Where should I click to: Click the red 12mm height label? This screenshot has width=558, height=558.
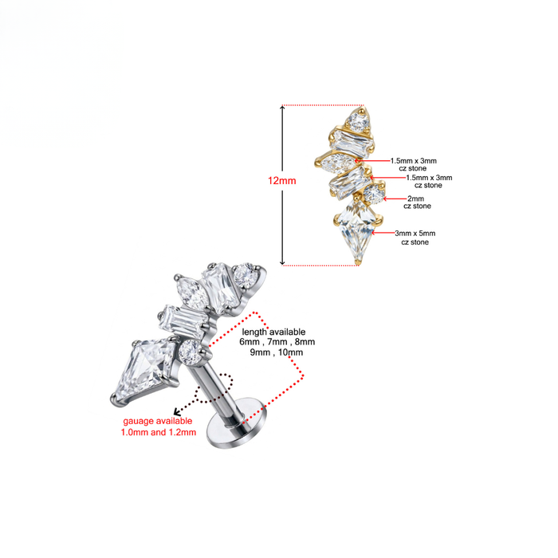click(282, 181)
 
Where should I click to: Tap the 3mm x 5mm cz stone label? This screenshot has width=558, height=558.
click(415, 238)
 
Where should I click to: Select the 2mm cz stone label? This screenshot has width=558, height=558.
click(417, 202)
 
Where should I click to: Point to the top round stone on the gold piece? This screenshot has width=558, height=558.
click(359, 122)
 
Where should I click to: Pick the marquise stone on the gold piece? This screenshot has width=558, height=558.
click(337, 163)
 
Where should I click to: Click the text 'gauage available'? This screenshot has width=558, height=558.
click(158, 421)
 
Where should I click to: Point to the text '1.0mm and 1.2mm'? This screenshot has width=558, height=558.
click(159, 432)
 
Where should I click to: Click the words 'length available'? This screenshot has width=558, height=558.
click(273, 332)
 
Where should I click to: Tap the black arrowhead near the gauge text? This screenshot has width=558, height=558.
click(176, 411)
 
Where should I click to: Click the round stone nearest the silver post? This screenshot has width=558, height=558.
click(190, 352)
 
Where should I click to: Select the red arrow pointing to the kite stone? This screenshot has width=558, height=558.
click(383, 233)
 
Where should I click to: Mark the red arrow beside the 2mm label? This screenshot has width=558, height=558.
click(395, 198)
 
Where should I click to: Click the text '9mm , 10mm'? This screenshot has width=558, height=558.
click(276, 352)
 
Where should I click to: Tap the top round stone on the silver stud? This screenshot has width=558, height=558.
click(245, 276)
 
